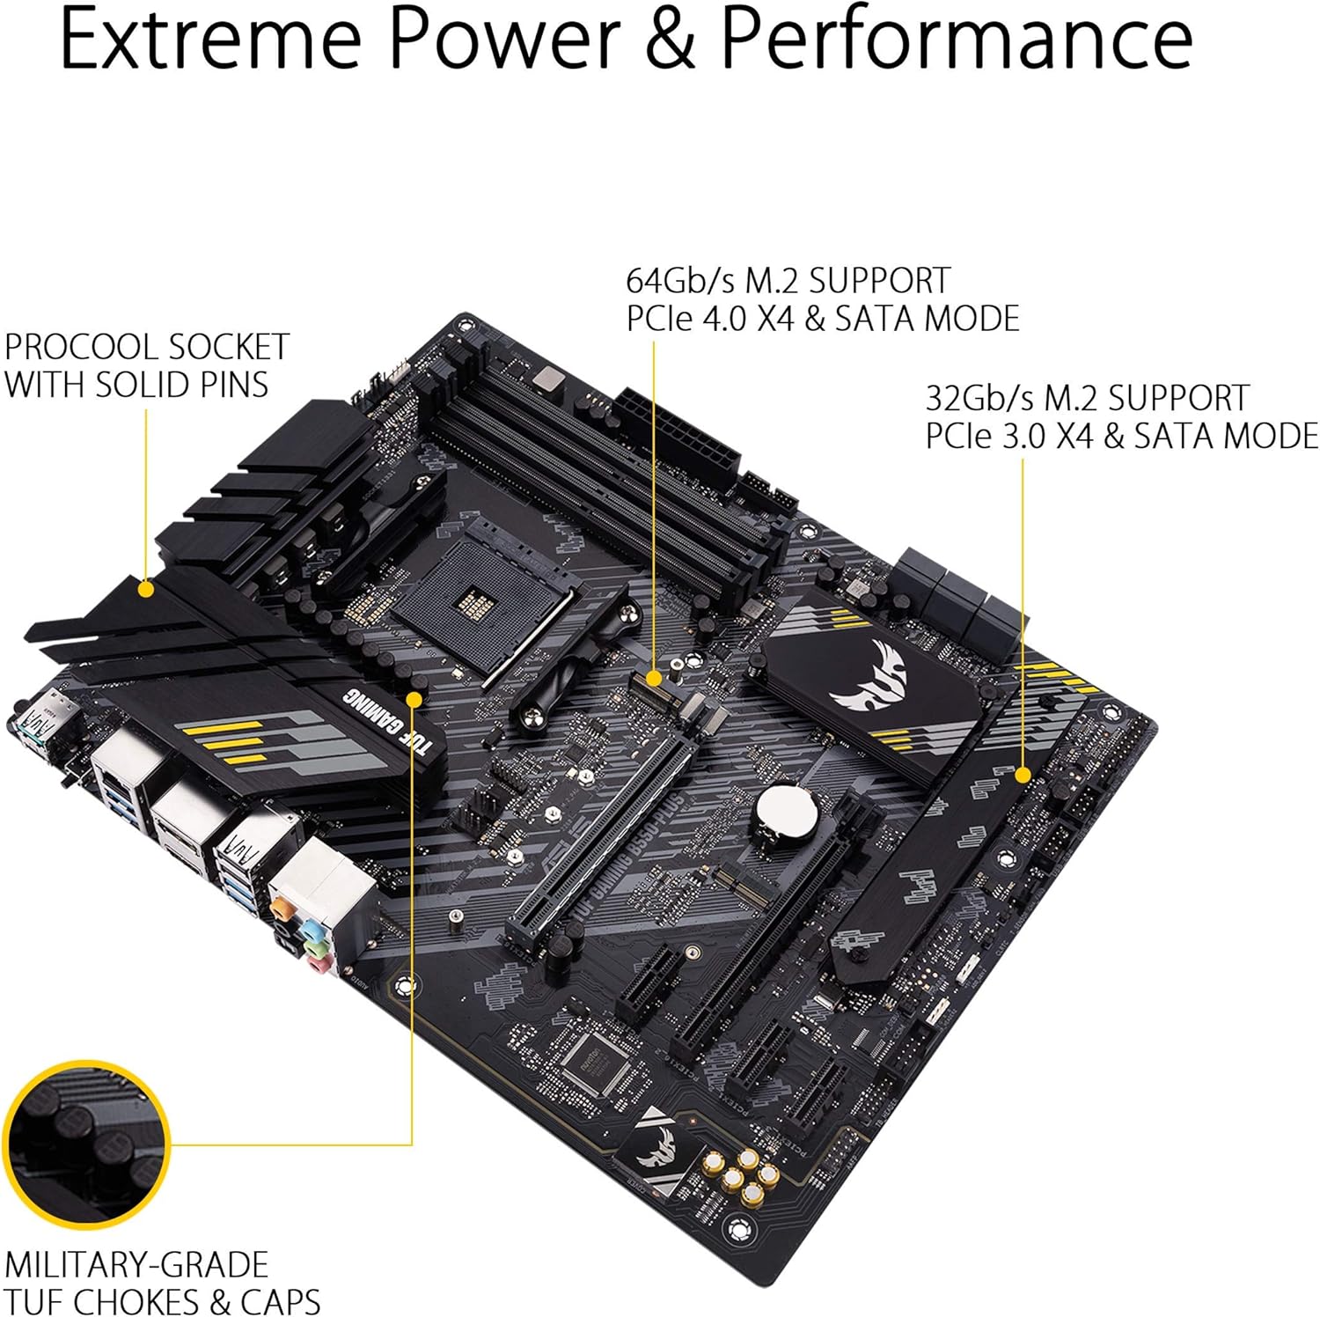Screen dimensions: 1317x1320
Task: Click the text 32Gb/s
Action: click(979, 398)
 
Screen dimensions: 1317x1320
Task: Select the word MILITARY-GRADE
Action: click(136, 1265)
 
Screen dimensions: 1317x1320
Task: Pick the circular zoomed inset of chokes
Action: click(85, 1144)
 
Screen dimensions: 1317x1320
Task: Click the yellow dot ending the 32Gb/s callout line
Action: click(1023, 775)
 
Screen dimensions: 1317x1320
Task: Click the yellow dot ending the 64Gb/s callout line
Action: click(654, 677)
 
